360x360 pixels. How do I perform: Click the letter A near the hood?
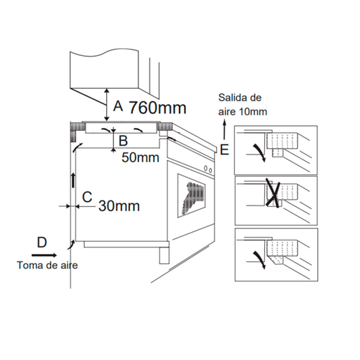pos(118,106)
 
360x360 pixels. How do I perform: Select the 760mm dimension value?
pos(157,108)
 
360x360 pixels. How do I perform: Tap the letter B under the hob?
pos(123,141)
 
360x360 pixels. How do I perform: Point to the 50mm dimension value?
pos(141,157)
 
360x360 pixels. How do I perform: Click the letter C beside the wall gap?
pos(87,197)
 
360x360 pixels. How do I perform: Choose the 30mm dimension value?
pos(119,206)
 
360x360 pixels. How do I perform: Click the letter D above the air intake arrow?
pos(42,243)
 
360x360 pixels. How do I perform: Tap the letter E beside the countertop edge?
pos(224,150)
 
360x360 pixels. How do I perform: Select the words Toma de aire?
pos(48,266)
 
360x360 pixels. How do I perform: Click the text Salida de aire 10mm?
pos(243,105)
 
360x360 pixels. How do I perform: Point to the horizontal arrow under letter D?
pos(44,255)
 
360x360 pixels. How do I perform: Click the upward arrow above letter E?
pos(224,129)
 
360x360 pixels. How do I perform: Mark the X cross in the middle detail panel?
pos(273,193)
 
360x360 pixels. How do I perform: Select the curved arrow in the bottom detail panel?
pos(260,259)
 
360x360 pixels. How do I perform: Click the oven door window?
pos(192,196)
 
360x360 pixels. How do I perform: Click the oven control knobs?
pos(208,169)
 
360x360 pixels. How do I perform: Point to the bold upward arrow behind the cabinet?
pos(73,180)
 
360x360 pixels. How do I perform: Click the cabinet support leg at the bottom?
pos(164,255)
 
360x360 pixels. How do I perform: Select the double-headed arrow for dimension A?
pos(107,105)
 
